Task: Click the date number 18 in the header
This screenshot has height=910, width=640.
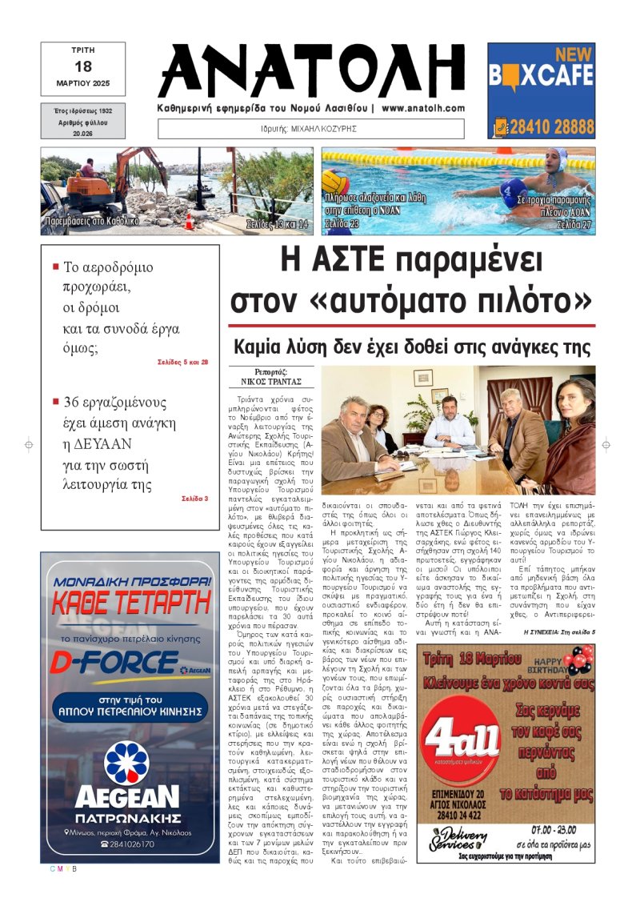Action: coord(83,67)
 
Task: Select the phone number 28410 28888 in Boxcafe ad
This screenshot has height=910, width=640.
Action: coord(551,127)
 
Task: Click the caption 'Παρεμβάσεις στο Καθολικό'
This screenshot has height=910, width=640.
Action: coord(93,220)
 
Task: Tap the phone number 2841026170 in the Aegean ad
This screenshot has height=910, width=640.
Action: coord(127,844)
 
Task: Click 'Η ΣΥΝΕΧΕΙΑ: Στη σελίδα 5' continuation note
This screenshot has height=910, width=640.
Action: coord(559,633)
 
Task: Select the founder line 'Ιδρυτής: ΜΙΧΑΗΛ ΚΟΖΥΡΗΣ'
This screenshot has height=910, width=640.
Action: coord(312,128)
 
